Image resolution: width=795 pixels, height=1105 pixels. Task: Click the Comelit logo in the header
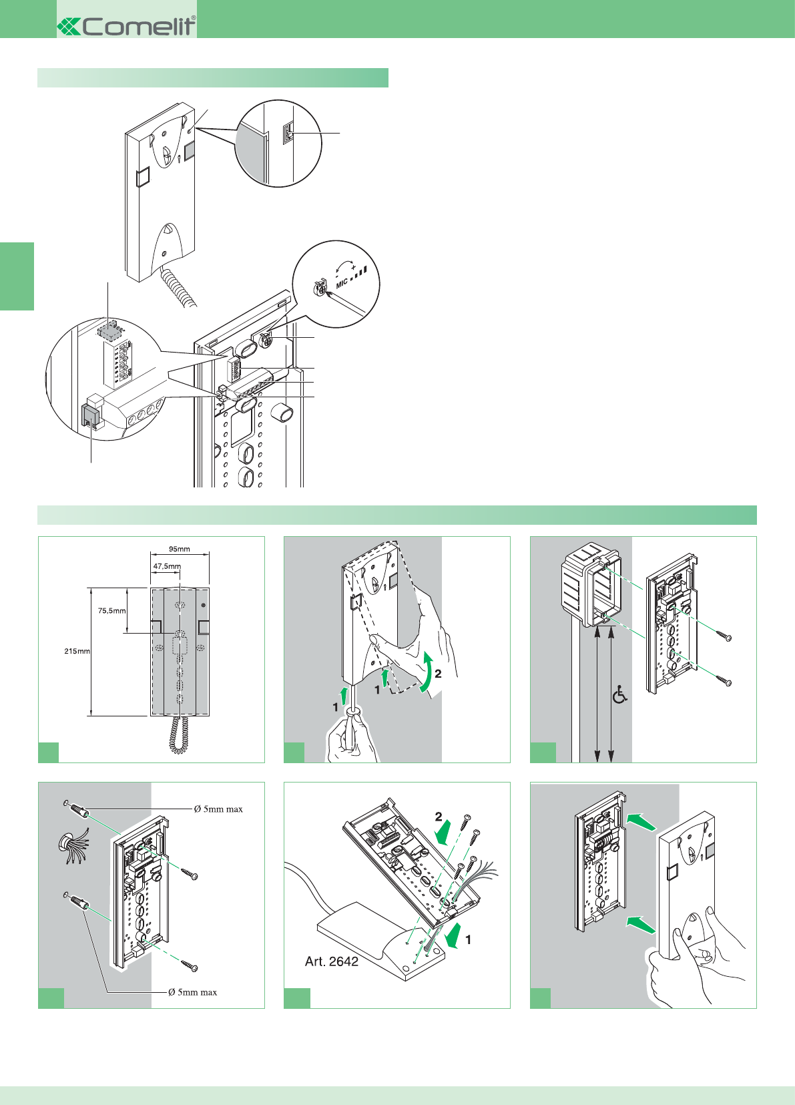pyautogui.click(x=127, y=26)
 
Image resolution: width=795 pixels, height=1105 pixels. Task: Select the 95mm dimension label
pyautogui.click(x=179, y=549)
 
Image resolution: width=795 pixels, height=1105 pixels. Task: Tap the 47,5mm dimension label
pyautogui.click(x=167, y=566)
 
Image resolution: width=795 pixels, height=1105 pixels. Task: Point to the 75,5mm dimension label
pyautogui.click(x=112, y=610)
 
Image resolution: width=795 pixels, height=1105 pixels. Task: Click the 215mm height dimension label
pyautogui.click(x=77, y=651)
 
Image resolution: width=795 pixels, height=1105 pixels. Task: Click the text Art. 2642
pyautogui.click(x=332, y=961)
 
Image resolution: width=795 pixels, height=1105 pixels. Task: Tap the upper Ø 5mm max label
pyautogui.click(x=218, y=809)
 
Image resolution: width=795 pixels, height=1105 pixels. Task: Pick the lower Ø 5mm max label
pyautogui.click(x=192, y=992)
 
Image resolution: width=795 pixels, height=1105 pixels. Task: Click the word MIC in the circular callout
pyautogui.click(x=342, y=284)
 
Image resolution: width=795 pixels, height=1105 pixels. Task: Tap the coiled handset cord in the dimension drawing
pyautogui.click(x=178, y=735)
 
